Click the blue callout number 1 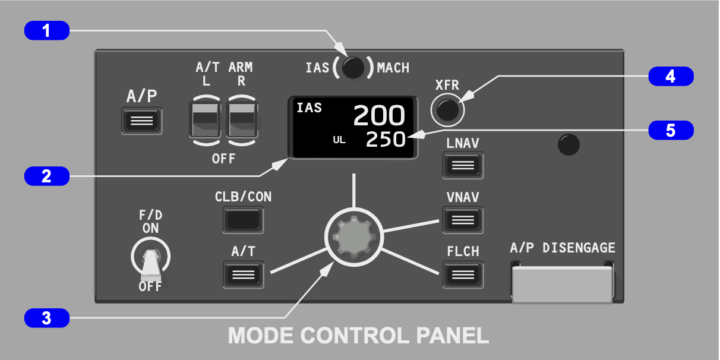click(47, 30)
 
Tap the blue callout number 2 click(47, 176)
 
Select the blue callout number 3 click(47, 318)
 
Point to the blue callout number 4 click(671, 76)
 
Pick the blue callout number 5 click(671, 130)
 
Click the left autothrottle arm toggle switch click(206, 119)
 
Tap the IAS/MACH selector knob click(353, 68)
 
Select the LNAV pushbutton click(463, 165)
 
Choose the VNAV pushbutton click(463, 220)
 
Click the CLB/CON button click(244, 220)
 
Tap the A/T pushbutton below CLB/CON click(244, 274)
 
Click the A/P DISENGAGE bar click(562, 285)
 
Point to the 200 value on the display click(379, 116)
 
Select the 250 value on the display click(385, 140)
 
